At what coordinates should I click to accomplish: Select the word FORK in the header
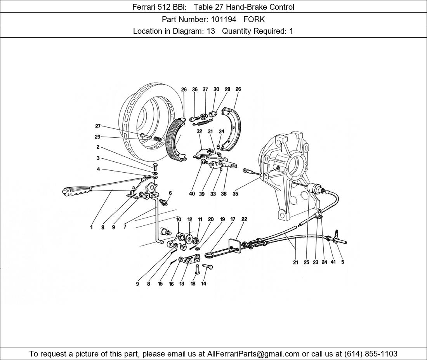click(254, 19)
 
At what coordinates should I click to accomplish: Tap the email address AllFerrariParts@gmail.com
click(253, 354)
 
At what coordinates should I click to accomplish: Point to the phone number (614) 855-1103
click(371, 354)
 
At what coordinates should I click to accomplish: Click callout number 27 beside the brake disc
click(98, 126)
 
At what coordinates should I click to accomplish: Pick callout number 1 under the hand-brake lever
click(92, 227)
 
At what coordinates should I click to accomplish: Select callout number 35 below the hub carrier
click(235, 194)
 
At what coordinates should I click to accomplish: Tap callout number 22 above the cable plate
click(244, 219)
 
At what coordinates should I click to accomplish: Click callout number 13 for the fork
click(182, 284)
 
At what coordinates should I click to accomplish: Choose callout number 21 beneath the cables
click(295, 262)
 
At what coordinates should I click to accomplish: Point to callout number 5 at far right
click(343, 262)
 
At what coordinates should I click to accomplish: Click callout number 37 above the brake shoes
click(205, 89)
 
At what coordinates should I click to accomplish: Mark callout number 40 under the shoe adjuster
click(192, 194)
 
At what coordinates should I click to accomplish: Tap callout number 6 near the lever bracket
click(170, 193)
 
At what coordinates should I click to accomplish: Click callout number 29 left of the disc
click(97, 137)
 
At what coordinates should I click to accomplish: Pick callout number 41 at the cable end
click(333, 262)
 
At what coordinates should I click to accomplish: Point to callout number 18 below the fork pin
click(193, 284)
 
